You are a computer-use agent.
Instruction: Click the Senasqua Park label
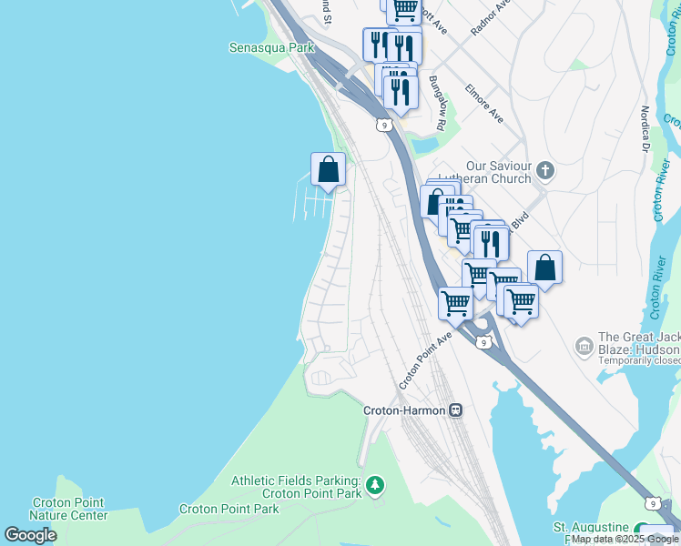point(270,47)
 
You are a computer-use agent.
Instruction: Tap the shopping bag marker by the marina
point(328,169)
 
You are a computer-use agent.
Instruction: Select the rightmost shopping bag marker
point(544,268)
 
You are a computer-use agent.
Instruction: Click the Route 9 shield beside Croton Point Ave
point(484,341)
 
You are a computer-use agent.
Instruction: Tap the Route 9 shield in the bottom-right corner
point(652,503)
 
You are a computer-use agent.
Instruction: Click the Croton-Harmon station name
point(405,410)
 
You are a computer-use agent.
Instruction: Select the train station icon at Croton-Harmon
point(456,410)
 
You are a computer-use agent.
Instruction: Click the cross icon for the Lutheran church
point(544,170)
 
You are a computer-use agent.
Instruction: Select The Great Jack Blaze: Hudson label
point(638,343)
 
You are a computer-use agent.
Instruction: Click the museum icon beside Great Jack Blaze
point(584,345)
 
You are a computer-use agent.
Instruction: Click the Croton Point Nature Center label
point(68,509)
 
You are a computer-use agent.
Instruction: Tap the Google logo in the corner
point(30,535)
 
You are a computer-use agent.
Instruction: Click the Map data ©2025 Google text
point(625,540)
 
